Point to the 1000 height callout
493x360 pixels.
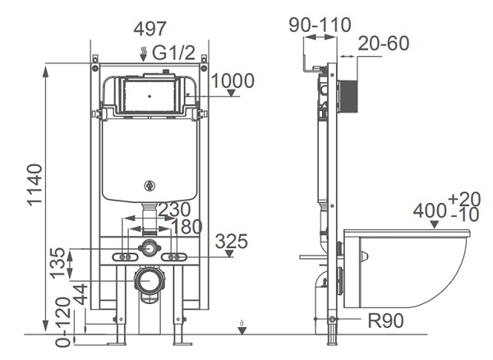click(233, 81)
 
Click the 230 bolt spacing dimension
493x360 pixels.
click(175, 210)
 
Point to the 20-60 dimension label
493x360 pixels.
click(384, 43)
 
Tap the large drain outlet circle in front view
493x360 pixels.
click(149, 283)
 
